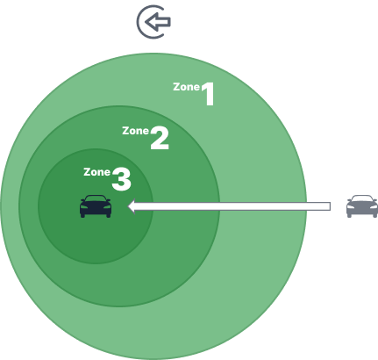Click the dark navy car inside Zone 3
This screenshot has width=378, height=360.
click(96, 206)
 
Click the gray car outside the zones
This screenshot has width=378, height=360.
click(362, 206)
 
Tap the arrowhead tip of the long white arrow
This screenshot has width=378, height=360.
click(128, 206)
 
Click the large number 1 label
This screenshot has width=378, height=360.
click(208, 94)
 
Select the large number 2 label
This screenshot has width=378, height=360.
click(160, 138)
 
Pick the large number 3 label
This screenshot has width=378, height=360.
click(121, 179)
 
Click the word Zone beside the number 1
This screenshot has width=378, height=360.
click(186, 87)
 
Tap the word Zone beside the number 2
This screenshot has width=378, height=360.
click(135, 131)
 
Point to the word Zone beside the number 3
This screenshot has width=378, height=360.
click(96, 172)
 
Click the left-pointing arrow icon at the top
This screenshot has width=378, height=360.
click(158, 22)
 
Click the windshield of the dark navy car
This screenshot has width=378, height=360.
click(96, 198)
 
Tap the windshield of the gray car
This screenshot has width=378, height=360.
click(362, 198)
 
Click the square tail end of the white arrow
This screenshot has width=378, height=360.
click(330, 206)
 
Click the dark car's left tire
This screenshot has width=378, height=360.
click(82, 215)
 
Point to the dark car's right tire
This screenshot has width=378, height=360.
click(109, 215)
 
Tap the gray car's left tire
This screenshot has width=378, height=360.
click(349, 215)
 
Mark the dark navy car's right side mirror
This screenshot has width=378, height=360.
click(109, 200)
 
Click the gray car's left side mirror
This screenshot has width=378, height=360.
click(349, 200)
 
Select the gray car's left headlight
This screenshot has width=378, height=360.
click(351, 207)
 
